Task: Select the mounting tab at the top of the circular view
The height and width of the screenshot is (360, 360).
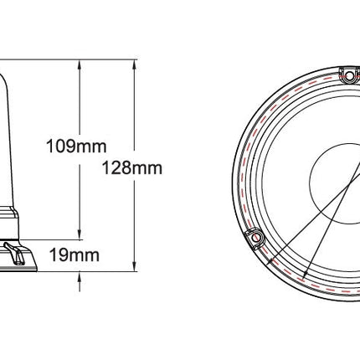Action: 347,76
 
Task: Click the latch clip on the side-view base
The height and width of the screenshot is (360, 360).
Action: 18,250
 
